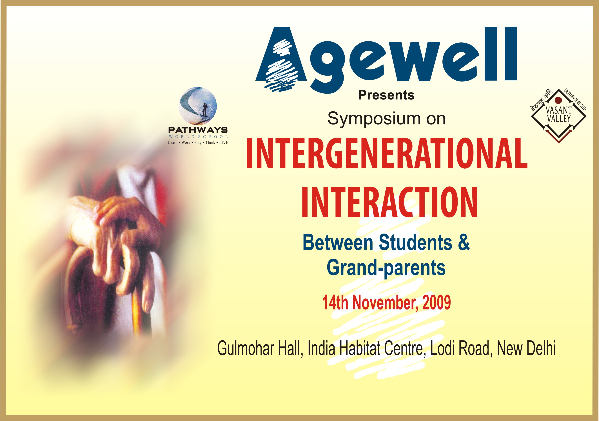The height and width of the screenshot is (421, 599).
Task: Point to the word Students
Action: pos(415,242)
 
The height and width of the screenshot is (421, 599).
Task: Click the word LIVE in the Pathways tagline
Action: pos(224,142)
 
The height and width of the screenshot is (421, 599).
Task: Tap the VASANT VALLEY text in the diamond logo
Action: pos(559,115)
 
